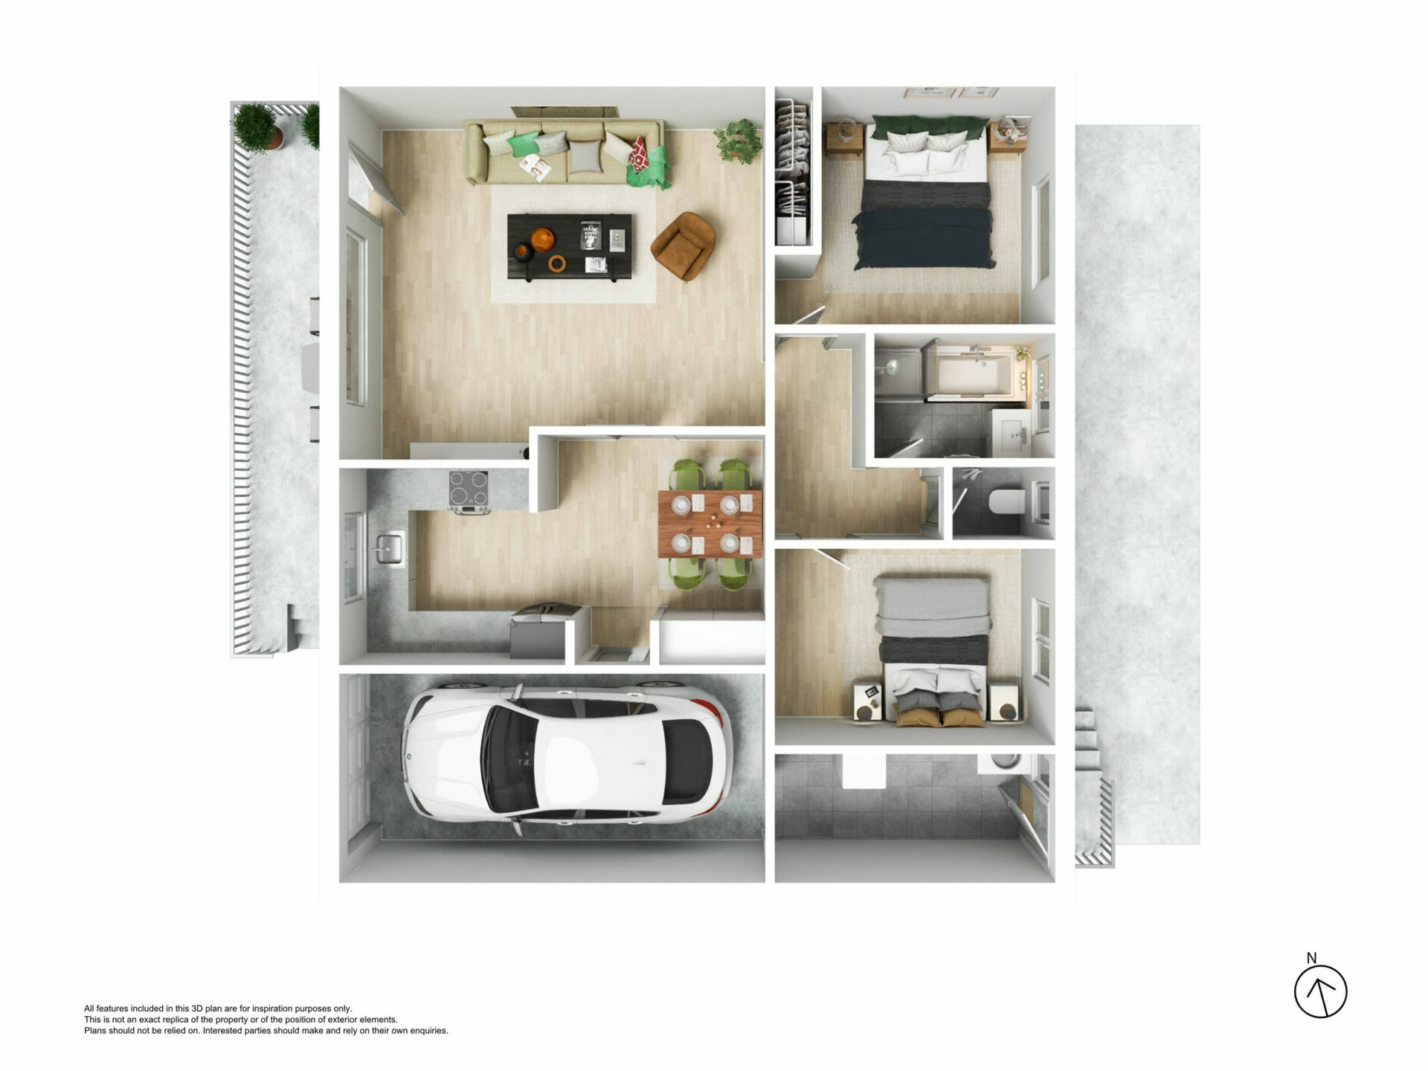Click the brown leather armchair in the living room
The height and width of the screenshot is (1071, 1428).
click(684, 245)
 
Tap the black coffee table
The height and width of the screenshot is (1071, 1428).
click(570, 247)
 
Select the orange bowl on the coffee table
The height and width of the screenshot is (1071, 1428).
click(543, 239)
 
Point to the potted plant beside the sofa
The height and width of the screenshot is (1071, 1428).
click(739, 140)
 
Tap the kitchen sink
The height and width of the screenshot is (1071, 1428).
click(389, 549)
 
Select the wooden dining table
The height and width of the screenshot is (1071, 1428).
click(710, 524)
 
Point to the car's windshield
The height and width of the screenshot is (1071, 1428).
click(506, 758)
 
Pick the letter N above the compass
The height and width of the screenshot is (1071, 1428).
click(1311, 958)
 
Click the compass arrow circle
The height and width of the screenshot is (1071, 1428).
click(1320, 991)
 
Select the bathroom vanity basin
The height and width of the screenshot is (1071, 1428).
click(1013, 432)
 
